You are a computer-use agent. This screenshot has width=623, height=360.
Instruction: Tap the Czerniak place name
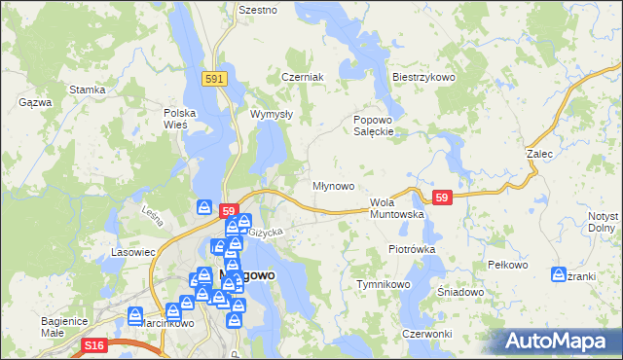pos(302,77)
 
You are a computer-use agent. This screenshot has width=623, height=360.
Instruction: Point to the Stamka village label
pos(88,90)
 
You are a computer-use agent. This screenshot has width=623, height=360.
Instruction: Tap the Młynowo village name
pos(333,185)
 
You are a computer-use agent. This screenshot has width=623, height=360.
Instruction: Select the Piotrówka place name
pos(412,249)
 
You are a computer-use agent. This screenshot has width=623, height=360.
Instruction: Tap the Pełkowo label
pos(506,265)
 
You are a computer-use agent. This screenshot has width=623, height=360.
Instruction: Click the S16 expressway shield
pos(93,344)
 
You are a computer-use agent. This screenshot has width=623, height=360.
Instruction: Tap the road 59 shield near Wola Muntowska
pos(443,198)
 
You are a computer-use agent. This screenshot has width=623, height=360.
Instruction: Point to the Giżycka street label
pos(265,233)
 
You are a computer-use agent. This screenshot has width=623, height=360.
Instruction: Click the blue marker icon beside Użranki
pos(560,274)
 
